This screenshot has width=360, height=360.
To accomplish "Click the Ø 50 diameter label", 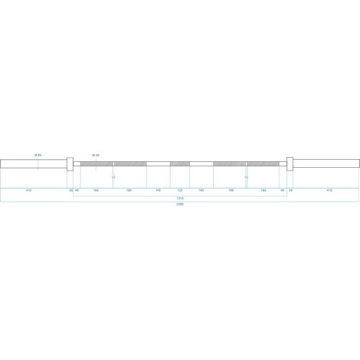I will pos(38,156).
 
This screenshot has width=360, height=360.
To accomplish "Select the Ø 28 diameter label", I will pos(95,156).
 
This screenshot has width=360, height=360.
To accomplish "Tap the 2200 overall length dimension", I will pos(179,204).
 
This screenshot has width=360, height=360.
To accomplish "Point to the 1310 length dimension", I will pos(179,197).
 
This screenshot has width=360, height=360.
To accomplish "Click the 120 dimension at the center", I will pos(179,191).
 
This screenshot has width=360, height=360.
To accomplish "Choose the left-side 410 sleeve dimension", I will pos(28,191).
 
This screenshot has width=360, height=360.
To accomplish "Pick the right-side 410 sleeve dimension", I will pos(329,191).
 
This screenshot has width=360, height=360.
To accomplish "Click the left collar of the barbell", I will pos(69,163).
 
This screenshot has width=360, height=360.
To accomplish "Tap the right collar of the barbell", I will pos(289,163).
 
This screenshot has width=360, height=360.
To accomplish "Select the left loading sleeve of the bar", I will pos(32,163).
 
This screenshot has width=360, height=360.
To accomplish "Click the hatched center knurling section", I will pos(179,163).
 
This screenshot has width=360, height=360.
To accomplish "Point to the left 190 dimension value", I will pos(129,191).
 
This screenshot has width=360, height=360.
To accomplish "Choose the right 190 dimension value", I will pos(231,191).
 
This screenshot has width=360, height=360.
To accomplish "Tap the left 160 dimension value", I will pos(96,191).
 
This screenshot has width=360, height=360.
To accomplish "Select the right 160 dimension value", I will pos(264,191).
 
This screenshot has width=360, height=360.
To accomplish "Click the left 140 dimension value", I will pos(158,191).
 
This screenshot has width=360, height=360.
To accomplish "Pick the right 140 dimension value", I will pos(201,191).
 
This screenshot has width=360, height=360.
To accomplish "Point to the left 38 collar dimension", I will pos(71,191).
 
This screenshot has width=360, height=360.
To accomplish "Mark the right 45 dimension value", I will pos(282,191).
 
